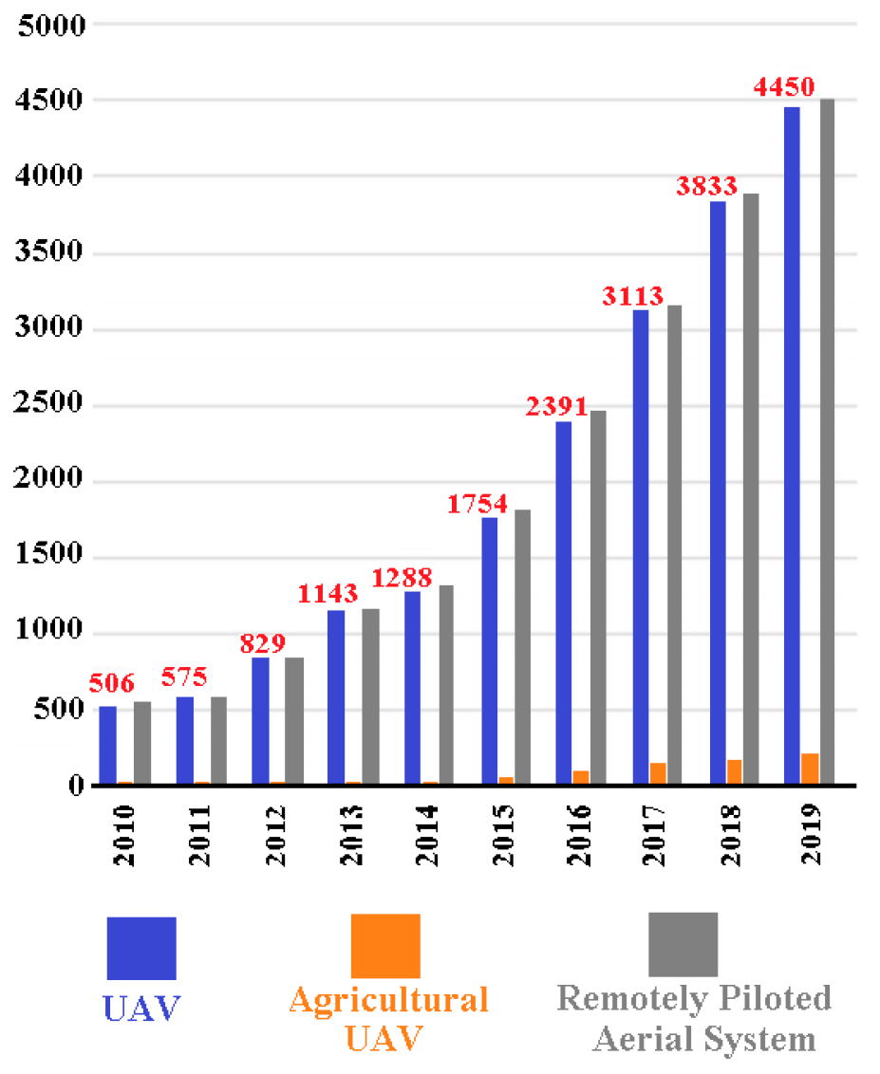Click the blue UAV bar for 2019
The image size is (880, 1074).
coord(791,446)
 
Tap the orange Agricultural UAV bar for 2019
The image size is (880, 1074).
coord(810,769)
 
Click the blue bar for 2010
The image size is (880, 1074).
coord(107,746)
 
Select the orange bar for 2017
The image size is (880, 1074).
coord(658,774)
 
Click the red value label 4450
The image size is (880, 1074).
coord(784,87)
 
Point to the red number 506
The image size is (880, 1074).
coord(112,683)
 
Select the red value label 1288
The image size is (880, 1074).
coord(402,577)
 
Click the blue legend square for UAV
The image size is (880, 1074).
coord(141,948)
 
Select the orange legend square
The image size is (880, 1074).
coord(385,946)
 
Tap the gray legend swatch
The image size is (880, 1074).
coord(683,944)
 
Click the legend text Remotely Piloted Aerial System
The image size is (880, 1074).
coord(694,1018)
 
